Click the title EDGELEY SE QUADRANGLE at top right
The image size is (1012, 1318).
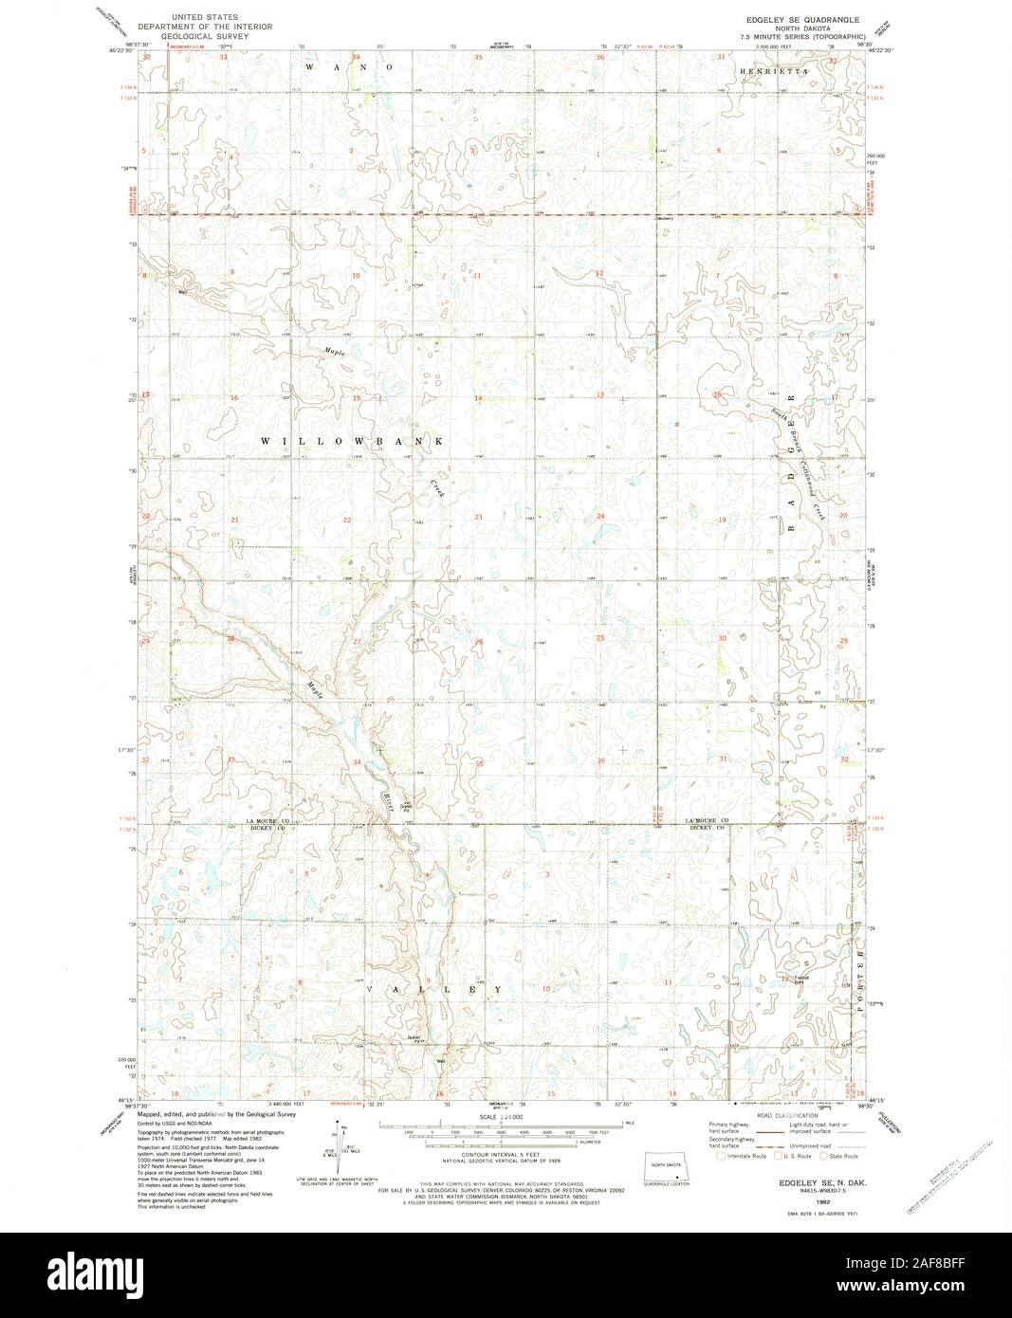pos(802,19)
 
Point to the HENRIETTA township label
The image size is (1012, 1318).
pos(775,72)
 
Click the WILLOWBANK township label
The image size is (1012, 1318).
pos(353,442)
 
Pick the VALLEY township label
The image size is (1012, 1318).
pos(432,988)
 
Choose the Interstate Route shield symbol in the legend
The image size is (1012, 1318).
pos(721,1156)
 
